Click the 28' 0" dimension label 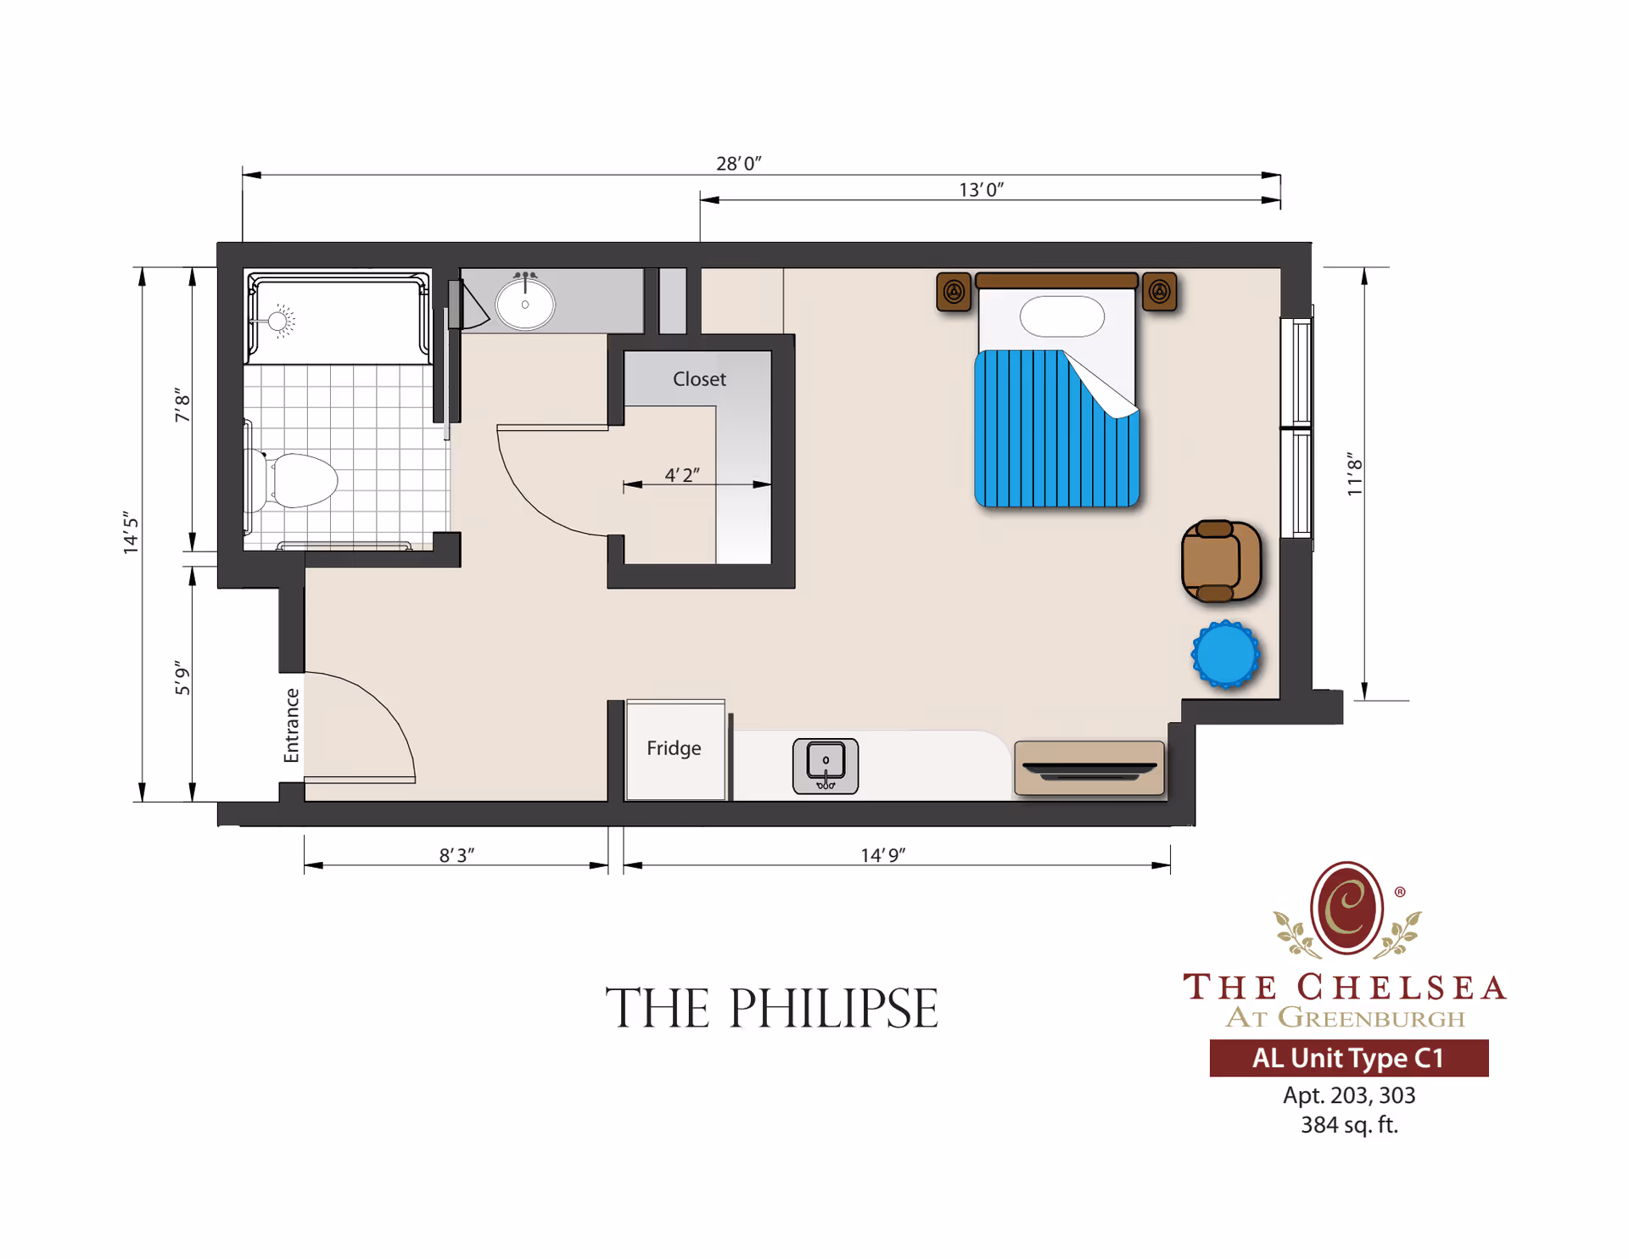coord(738,163)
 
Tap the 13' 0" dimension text coord(981,189)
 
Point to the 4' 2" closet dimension coord(681,475)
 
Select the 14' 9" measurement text coord(882,855)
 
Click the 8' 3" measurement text coord(456,855)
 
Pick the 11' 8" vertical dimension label coord(1354,474)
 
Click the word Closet coord(699,379)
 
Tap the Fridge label coord(674,748)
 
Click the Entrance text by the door coord(291,725)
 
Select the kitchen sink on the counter coord(825,766)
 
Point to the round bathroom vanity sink coord(525,304)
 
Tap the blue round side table coord(1225,654)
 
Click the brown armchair coord(1220,562)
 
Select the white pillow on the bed coord(1061,316)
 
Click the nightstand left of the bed coord(954,292)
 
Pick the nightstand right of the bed coord(1159,292)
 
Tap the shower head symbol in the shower coord(278,321)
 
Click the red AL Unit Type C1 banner coord(1347,1058)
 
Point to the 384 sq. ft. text coord(1348,1125)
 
